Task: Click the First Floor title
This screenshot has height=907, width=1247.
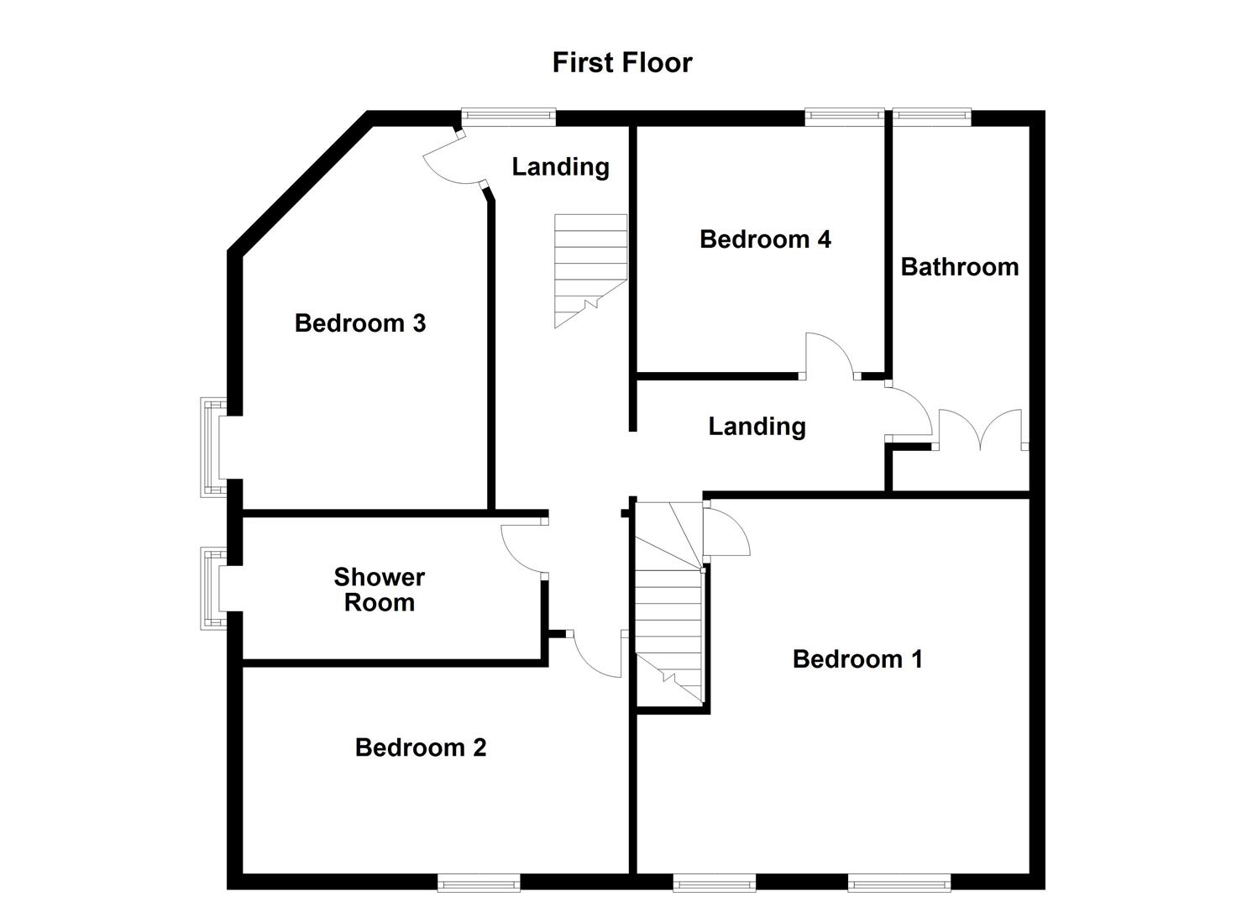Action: [622, 63]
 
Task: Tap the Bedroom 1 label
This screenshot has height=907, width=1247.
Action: [857, 659]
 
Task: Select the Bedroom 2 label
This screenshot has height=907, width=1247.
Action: [421, 747]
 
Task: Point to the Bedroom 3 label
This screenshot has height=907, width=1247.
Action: [360, 323]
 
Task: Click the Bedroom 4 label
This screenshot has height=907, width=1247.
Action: [765, 239]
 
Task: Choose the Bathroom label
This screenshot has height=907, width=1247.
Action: [960, 267]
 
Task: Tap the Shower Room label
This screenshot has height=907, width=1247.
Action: [380, 590]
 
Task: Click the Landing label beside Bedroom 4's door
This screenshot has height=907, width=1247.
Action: [757, 427]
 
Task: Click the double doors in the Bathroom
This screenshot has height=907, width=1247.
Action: [981, 429]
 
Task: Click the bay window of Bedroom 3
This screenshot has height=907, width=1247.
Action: [212, 448]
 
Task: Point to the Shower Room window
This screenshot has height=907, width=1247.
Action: [212, 589]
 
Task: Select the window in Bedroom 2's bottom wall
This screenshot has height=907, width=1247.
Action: [479, 882]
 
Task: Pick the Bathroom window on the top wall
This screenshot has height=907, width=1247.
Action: [931, 117]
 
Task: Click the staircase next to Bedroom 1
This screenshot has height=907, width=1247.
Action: [668, 605]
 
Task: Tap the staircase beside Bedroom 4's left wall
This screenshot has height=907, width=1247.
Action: [590, 269]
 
